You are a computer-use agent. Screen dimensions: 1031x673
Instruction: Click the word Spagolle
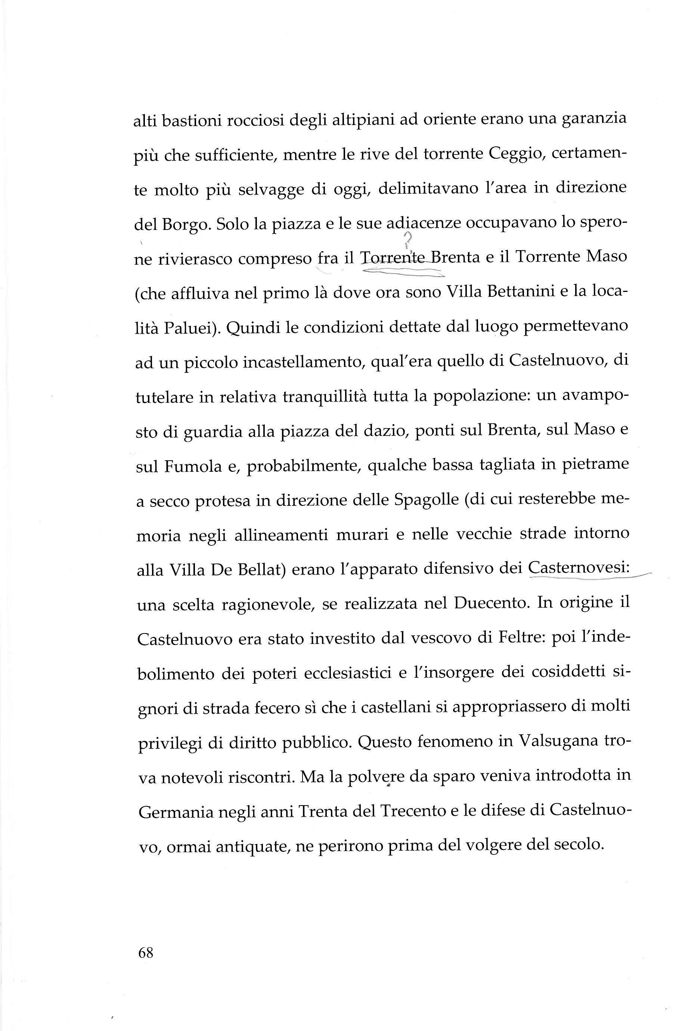pos(427,500)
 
